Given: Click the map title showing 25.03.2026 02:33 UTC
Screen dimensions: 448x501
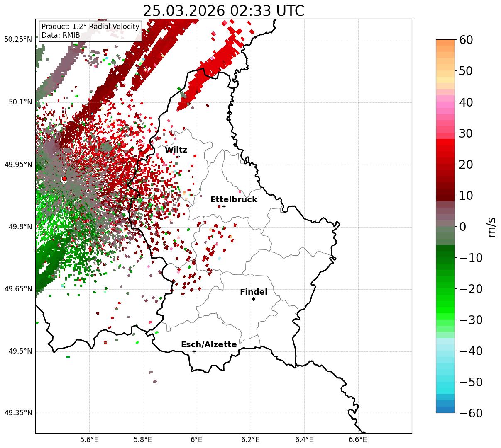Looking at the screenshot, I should click(x=223, y=11).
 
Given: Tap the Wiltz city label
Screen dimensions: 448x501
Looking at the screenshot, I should click(x=176, y=150).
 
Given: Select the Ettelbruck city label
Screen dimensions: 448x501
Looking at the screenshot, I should click(x=234, y=199).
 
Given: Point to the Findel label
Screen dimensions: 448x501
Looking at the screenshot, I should click(x=254, y=292).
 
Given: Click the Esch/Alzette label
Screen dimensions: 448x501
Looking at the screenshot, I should click(x=209, y=344).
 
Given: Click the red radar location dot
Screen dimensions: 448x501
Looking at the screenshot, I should click(x=64, y=179).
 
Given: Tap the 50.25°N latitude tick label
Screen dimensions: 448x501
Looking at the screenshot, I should click(x=18, y=39).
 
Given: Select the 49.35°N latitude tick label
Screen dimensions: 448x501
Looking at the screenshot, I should click(x=18, y=413).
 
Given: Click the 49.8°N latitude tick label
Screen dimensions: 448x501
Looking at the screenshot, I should click(x=20, y=227).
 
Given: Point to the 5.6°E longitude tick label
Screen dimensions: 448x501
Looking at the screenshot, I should click(x=89, y=439).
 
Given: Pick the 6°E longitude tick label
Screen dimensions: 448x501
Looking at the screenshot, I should click(x=196, y=439).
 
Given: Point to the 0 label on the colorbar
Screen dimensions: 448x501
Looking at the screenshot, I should click(x=462, y=227).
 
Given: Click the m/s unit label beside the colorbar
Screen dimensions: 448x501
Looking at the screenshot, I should click(x=492, y=227).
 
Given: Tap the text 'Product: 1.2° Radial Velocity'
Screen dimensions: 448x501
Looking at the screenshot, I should click(x=90, y=27).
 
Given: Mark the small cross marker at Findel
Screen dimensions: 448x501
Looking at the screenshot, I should click(x=253, y=299).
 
